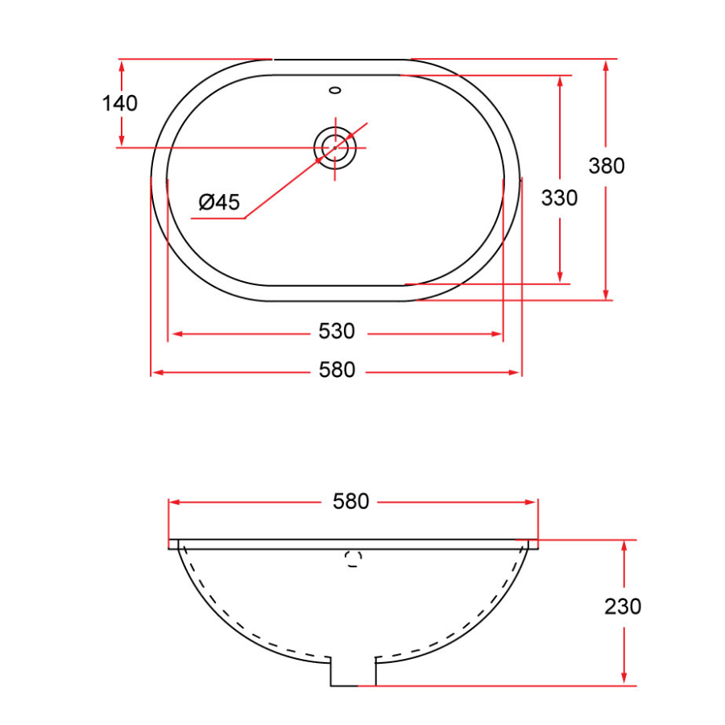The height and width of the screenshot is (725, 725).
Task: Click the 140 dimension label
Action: pos(120,103)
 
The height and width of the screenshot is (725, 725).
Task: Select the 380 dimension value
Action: pos(607,166)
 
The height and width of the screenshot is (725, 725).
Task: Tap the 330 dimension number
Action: pos(559,197)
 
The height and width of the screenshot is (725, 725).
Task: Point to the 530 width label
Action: pos(336,331)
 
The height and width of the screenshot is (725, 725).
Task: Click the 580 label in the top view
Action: pos(336,370)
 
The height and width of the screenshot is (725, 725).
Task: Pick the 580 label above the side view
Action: pos(350,501)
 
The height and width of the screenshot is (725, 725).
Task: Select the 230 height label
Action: pos(623,607)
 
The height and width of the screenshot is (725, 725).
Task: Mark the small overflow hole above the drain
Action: pos(336,89)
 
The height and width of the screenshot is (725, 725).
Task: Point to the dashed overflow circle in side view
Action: pos(352,560)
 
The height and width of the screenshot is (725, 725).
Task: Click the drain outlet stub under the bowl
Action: pos(354,671)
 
